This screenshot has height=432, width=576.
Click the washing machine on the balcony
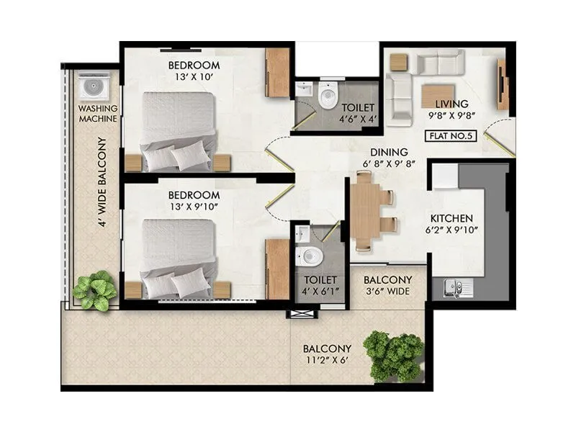(x=94, y=86)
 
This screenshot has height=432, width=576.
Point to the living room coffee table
(x=438, y=96)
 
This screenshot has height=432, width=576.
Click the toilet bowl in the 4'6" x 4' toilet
(x=328, y=94)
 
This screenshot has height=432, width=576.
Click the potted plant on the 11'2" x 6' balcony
(x=393, y=355)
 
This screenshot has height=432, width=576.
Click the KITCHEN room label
(x=451, y=218)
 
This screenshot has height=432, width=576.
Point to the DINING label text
(x=389, y=152)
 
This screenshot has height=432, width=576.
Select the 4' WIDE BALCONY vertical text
(x=102, y=181)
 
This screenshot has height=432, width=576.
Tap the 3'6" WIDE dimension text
(x=387, y=292)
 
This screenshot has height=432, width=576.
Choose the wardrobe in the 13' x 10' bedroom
(x=277, y=72)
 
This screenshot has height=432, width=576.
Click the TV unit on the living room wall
(x=502, y=84)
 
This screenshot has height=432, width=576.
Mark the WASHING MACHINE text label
(x=98, y=114)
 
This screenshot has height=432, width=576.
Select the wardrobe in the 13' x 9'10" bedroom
(x=277, y=269)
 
